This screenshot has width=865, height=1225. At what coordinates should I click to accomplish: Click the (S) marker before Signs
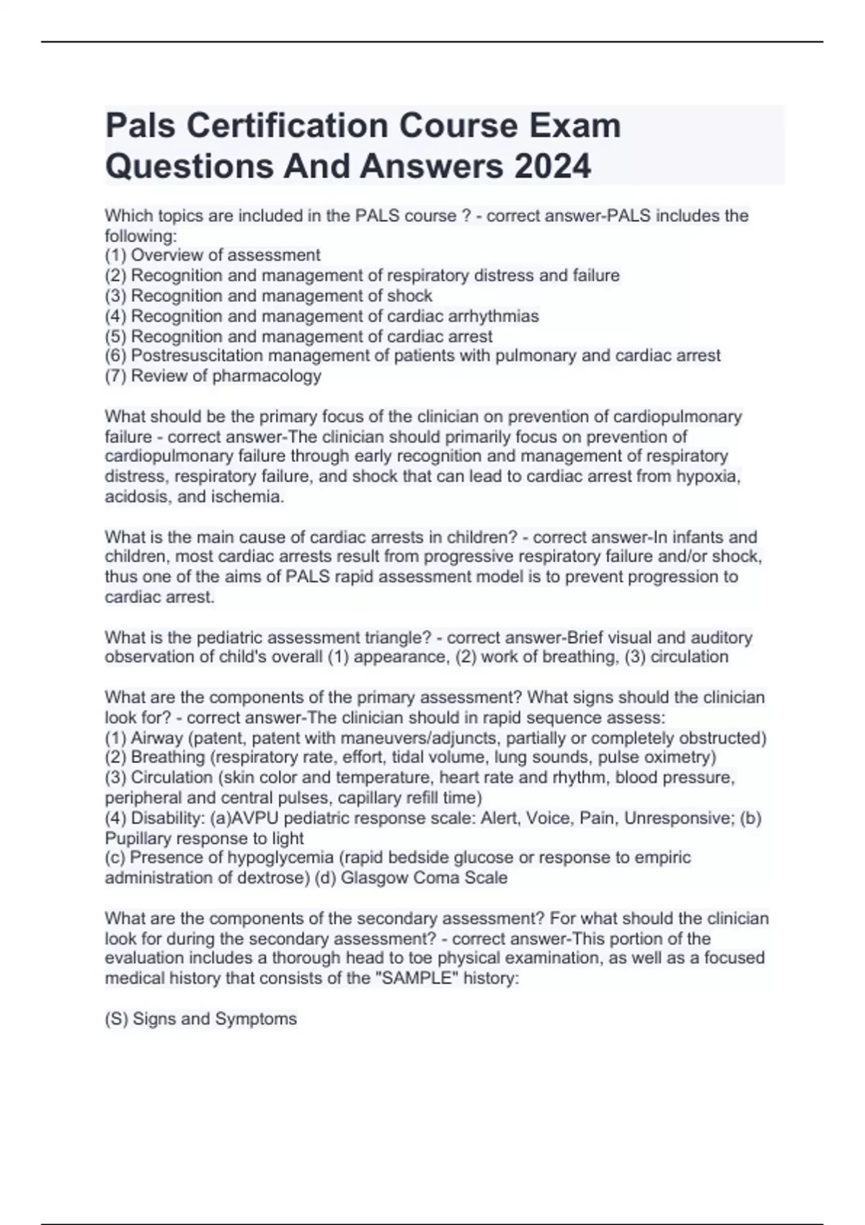click(117, 1019)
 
